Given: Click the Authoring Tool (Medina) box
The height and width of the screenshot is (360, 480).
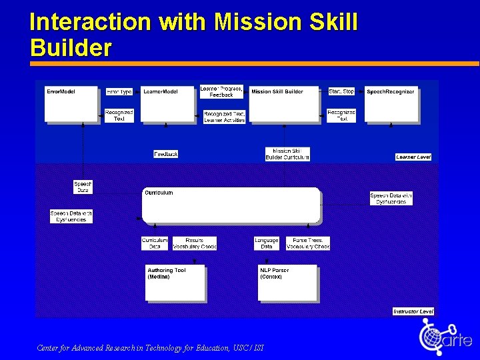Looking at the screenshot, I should (175, 283).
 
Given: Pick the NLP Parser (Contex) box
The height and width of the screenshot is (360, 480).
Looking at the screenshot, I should (287, 283).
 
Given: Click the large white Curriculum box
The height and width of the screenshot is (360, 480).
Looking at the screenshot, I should (231, 205).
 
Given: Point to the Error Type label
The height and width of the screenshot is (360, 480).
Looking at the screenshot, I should (119, 91).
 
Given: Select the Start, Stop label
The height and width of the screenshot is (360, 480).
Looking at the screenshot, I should (341, 91).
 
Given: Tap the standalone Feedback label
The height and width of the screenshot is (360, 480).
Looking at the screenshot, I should (166, 154).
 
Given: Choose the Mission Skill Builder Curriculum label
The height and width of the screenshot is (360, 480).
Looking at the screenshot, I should (287, 154).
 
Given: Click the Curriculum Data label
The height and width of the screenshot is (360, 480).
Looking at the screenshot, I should (155, 243).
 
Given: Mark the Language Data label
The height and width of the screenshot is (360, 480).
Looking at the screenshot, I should (267, 243).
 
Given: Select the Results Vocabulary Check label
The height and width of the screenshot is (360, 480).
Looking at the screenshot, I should (195, 243).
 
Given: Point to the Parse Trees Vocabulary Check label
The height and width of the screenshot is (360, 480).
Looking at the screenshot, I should (308, 243).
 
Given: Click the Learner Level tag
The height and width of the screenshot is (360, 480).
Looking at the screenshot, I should (413, 157).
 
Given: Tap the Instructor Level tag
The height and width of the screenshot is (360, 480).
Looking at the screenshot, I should (413, 311).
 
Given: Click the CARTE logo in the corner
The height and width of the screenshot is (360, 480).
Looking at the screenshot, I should (445, 337).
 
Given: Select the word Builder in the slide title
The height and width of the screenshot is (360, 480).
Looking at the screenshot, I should (71, 48).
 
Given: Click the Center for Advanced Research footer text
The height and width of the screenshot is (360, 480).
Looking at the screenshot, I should (151, 348).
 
